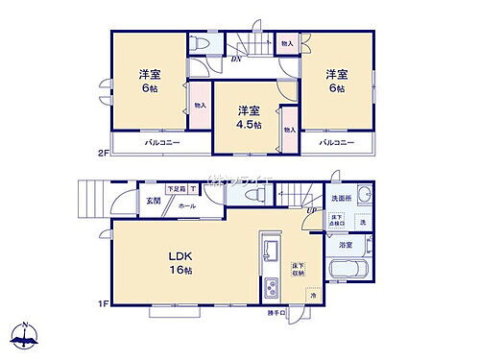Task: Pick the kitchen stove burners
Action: coord(270,286)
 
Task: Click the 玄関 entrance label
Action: coord(154,200)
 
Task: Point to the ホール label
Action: coord(188,204)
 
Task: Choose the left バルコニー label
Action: coord(139,142)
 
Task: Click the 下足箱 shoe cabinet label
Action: coord(175,189)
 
